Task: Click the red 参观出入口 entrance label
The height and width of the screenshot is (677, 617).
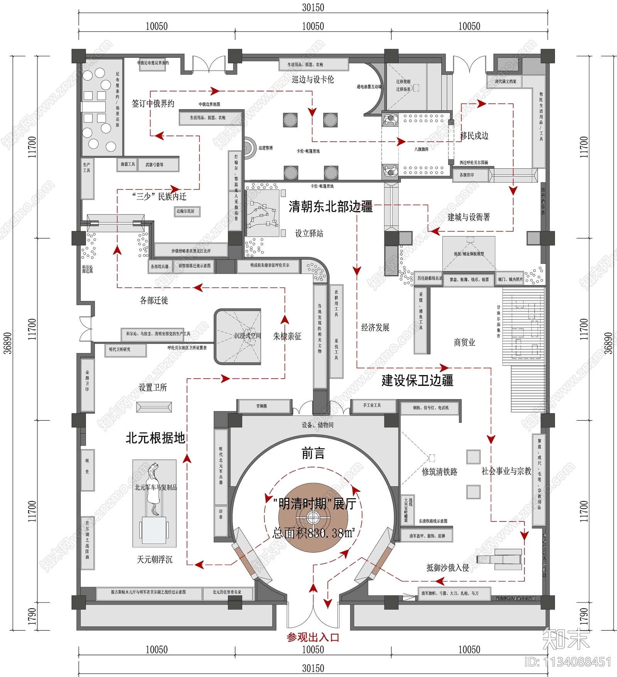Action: (x=313, y=637)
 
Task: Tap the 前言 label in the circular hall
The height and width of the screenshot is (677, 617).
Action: (x=313, y=453)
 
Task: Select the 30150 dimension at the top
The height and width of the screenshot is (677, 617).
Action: (x=313, y=7)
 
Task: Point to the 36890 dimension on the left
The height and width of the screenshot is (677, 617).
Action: (x=7, y=343)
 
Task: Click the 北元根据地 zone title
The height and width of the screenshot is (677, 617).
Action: (x=155, y=438)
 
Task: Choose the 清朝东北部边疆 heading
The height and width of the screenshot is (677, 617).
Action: (x=330, y=207)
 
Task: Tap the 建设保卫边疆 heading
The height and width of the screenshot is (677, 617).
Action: (x=417, y=381)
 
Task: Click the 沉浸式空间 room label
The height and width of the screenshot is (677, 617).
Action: (x=247, y=336)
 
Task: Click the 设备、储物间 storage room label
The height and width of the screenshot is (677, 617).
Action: (x=317, y=425)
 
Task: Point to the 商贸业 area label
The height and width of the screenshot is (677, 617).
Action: (x=464, y=342)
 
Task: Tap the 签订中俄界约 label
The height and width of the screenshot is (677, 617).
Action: (x=153, y=103)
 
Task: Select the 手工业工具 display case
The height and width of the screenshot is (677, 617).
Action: (x=373, y=405)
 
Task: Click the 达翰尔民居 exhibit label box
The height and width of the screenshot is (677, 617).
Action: (x=186, y=211)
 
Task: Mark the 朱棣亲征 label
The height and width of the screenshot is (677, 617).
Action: (x=287, y=336)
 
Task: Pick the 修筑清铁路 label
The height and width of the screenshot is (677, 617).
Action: (x=439, y=472)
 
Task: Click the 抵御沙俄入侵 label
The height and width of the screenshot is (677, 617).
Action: (x=447, y=567)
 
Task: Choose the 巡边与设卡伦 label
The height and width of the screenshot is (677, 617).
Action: (x=313, y=80)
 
